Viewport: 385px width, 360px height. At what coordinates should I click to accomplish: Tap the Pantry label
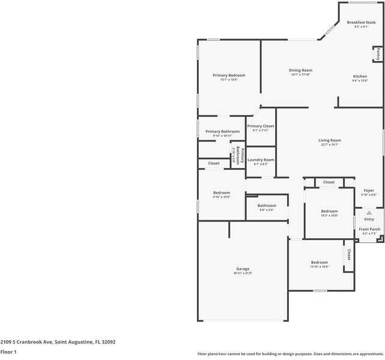tap(378, 54)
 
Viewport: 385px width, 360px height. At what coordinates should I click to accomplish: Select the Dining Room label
tap(300, 70)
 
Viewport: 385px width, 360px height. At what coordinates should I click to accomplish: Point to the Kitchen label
tap(360, 76)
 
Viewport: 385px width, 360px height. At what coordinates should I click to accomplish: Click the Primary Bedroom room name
tap(229, 75)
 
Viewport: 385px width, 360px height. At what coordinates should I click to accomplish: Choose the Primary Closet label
tap(261, 126)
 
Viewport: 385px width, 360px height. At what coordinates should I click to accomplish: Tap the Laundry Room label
tap(261, 160)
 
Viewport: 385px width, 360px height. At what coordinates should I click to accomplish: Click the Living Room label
tap(330, 140)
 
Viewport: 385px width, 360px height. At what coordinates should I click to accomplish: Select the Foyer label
tap(369, 191)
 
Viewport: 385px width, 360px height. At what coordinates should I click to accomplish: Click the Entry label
tap(369, 219)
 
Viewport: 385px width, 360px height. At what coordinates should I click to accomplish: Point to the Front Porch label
tap(369, 229)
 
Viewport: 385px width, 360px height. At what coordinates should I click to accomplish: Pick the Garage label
tap(243, 268)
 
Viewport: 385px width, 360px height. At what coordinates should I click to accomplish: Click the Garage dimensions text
tap(243, 273)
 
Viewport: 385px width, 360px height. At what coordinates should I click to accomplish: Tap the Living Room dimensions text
tap(330, 145)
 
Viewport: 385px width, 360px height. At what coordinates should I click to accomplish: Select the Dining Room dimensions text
tap(300, 74)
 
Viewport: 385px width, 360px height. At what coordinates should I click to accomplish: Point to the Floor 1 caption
tap(8, 352)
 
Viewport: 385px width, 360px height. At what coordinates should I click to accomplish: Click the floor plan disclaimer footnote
tap(290, 353)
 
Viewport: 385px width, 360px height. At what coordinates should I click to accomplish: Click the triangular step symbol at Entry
tap(369, 212)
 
